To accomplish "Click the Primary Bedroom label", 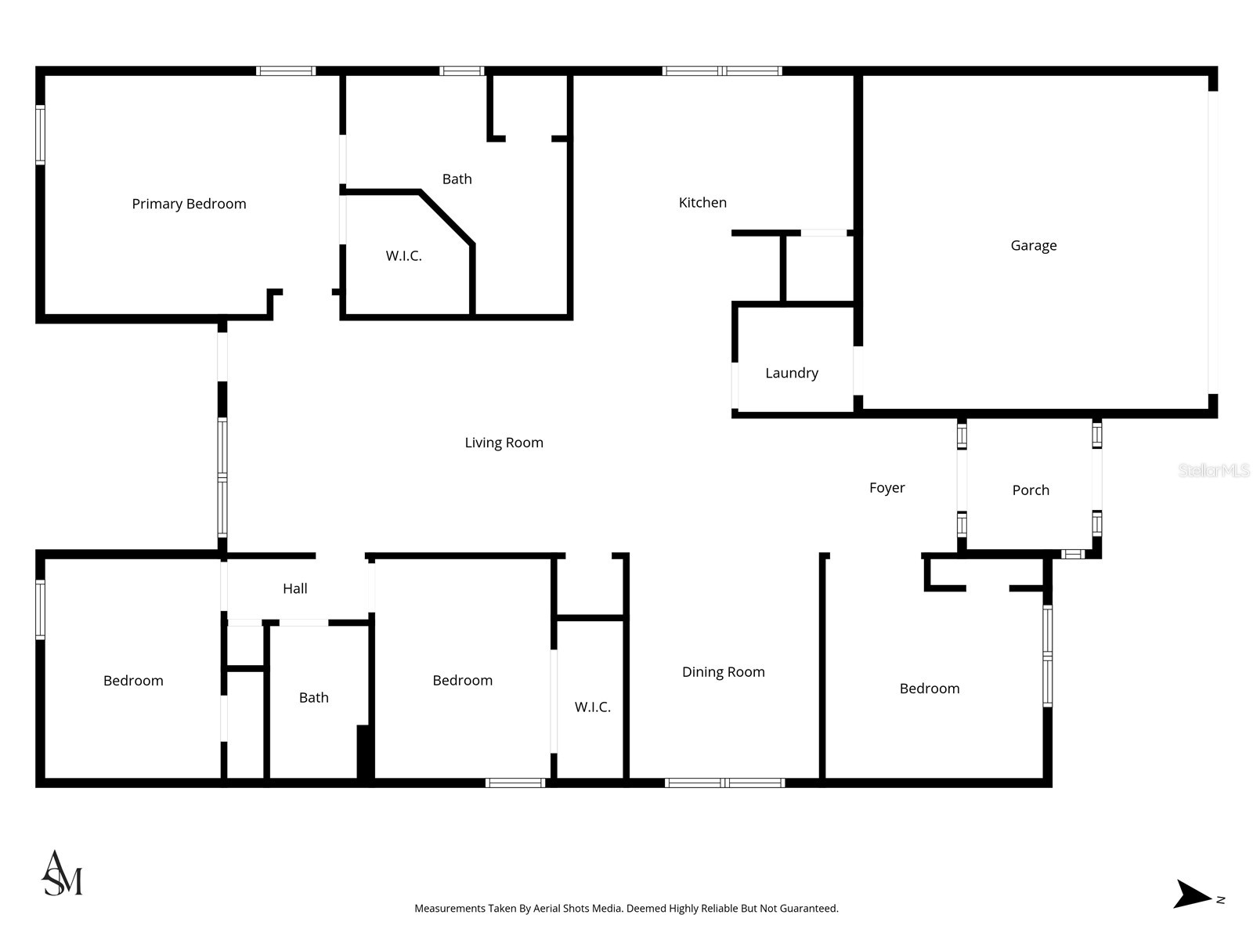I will point(189,204).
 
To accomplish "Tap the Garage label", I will point(1033,245).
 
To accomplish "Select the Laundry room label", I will point(791,373).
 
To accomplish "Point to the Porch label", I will point(1030,490).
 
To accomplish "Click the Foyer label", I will point(886,487).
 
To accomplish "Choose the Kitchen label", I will point(702,202).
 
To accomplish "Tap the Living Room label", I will point(504,443).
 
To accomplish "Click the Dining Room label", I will point(723,671).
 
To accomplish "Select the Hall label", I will point(294,588).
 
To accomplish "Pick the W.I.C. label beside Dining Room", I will point(592,707).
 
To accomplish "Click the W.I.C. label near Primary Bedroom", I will point(403,255).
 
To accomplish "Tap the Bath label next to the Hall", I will point(313,697).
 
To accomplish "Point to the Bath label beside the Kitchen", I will point(457,179).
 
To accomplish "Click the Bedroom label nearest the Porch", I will point(929,688).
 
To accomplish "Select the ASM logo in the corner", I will point(62,873).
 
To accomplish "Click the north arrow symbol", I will point(1192,894).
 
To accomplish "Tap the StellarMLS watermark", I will point(1213,470).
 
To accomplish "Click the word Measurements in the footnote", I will point(450,909).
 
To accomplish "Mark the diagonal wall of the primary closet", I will point(448,217).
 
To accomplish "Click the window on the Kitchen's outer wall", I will point(721,70).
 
